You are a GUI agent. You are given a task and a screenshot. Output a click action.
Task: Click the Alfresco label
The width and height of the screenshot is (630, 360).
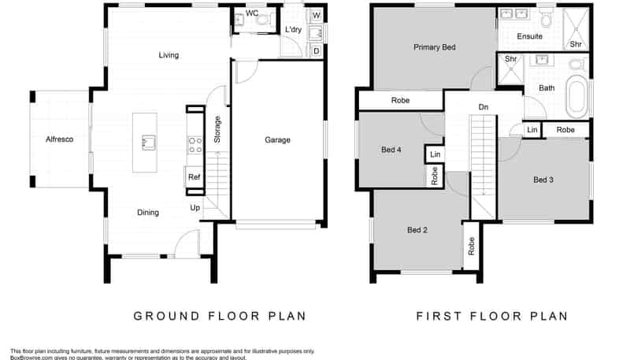coord(59,139)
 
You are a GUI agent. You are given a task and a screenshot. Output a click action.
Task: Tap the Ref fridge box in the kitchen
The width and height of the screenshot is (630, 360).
coord(194,178)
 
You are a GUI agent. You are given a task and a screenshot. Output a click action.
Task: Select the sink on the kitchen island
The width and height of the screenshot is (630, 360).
coord(145,142)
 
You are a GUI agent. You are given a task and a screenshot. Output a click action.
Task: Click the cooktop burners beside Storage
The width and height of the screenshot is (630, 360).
coord(195,145)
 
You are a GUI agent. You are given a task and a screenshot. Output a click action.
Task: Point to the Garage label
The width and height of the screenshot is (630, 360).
coord(277,140)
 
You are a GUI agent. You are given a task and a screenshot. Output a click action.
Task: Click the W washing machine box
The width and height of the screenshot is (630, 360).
coord(315,15)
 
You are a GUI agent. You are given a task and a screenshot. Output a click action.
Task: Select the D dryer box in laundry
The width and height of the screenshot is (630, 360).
coord(315,51)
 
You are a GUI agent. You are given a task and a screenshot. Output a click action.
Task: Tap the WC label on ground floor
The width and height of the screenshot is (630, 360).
coord(252,13)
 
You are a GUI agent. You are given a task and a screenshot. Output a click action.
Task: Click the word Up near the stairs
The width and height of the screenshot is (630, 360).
coord(195,208)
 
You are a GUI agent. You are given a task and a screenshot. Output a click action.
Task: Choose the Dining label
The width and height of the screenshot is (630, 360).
coord(148,213)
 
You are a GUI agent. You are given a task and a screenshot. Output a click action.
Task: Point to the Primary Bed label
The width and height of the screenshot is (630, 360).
coord(434,47)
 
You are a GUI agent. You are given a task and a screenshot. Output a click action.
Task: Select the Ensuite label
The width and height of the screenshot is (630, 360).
coord(529,36)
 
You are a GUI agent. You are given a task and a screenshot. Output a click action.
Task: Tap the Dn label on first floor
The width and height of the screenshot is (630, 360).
coord(484,107)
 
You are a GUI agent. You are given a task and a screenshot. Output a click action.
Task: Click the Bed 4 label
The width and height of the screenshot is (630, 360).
coord(391,149)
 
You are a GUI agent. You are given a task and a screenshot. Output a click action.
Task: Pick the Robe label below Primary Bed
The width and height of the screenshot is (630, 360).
coord(400,101)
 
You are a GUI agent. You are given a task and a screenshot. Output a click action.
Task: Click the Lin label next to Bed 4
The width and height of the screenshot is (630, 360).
coord(434,154)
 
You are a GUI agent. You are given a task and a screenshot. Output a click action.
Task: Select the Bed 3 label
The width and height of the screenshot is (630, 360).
coord(543,180)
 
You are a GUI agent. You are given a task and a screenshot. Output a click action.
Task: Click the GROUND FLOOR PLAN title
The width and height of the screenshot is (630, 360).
coord(219,317)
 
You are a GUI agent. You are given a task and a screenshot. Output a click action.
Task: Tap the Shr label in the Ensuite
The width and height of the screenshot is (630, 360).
coord(575,44)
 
